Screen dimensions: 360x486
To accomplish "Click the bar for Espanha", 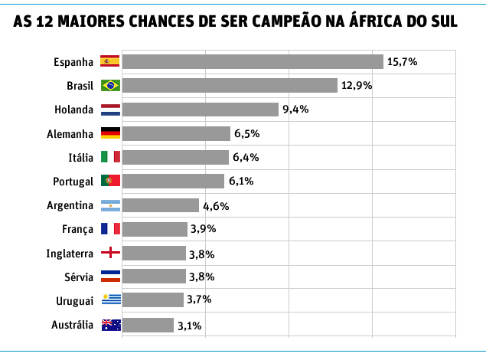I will [x=253, y=61].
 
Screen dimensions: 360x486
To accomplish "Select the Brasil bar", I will [x=230, y=85].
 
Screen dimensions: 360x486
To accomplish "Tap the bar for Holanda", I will [x=201, y=109].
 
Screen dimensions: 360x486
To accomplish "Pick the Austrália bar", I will [x=148, y=325].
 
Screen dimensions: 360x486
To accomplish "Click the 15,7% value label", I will [x=402, y=61].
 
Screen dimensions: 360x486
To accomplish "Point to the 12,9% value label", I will [x=357, y=85].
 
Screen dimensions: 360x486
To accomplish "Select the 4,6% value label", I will [x=216, y=205].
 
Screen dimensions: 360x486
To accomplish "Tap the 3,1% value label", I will [x=189, y=326].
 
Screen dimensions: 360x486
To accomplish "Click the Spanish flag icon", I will [x=110, y=61].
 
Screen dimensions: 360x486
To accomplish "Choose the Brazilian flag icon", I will [x=110, y=85].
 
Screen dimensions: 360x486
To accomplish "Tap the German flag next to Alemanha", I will [x=110, y=133].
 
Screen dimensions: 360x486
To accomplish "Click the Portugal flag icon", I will [x=110, y=181].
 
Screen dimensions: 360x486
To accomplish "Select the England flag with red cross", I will [x=110, y=253].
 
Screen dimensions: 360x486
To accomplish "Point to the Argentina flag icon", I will [x=110, y=205].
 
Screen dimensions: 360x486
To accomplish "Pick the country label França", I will [x=78, y=229].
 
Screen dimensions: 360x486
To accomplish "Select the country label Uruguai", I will [x=75, y=301].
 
